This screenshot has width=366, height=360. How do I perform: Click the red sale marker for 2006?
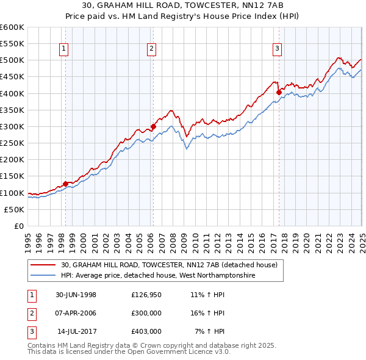tap(153, 126)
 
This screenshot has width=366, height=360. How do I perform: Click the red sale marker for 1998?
tap(66, 184)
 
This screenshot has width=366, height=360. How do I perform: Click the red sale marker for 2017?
tap(279, 92)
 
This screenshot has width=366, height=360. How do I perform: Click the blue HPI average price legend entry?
tap(157, 276)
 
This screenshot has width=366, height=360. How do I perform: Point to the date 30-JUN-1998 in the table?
tap(76, 295)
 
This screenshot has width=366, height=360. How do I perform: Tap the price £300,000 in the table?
tap(146, 313)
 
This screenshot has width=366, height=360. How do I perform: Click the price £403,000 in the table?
tap(146, 331)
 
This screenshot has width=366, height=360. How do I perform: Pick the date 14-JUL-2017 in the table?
tap(77, 331)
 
